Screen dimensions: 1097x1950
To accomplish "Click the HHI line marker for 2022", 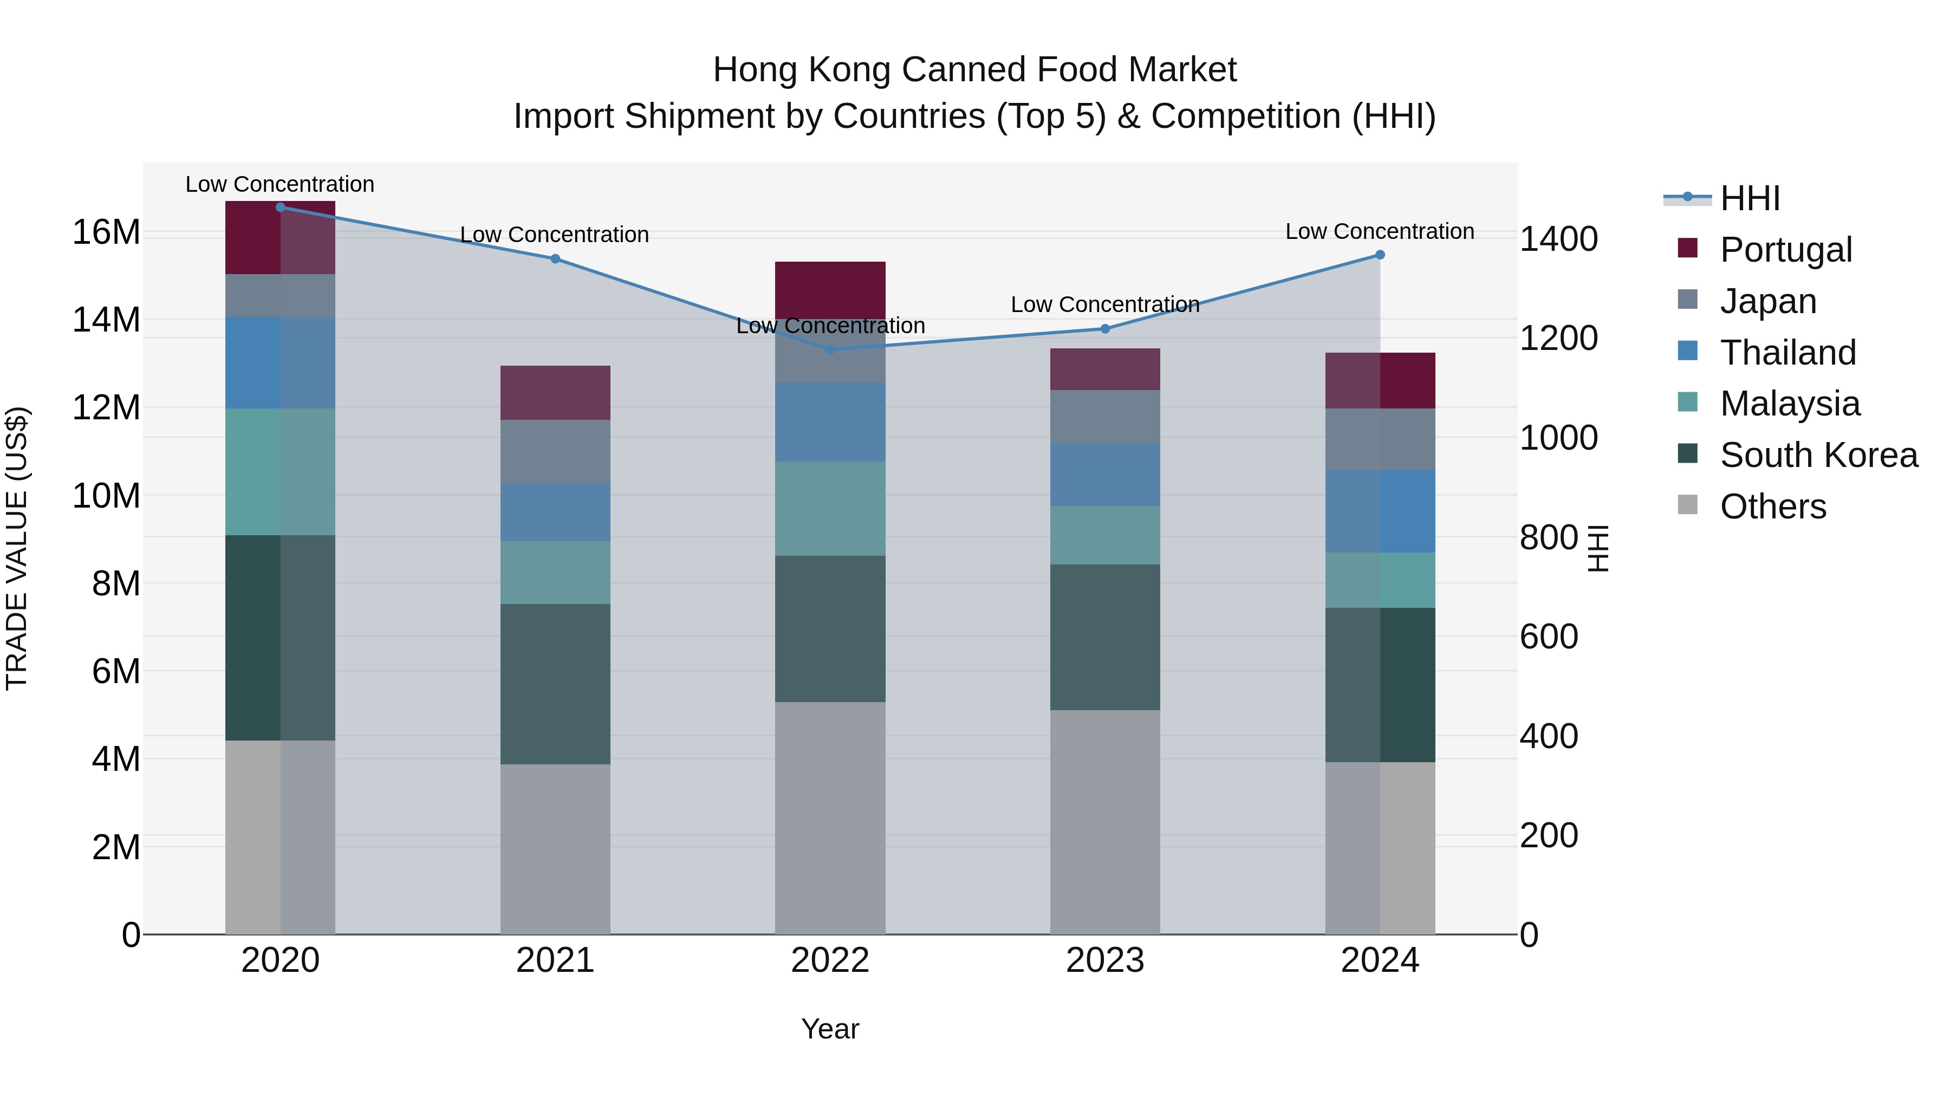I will coord(830,350).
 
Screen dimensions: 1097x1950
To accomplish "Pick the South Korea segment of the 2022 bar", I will coord(830,628).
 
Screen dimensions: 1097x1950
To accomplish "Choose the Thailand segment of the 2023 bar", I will coord(1104,475).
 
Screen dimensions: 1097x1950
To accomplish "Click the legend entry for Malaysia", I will coord(1790,404).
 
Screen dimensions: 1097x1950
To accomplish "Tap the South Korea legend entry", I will coord(1818,455).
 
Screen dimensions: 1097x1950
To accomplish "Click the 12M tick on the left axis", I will coord(106,408).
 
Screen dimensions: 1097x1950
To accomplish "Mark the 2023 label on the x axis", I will coord(1104,960).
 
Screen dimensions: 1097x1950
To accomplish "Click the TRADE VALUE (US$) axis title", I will coord(17,548).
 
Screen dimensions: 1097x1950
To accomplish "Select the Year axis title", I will coord(830,1029).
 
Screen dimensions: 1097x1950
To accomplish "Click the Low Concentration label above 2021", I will coord(554,235).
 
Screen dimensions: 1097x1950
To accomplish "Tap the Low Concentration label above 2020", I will coord(279,184).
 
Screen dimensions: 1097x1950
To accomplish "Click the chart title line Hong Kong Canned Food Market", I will coord(974,70).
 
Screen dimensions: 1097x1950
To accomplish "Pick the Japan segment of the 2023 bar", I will coord(1104,417).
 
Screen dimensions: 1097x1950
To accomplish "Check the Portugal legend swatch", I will coord(1687,248).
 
